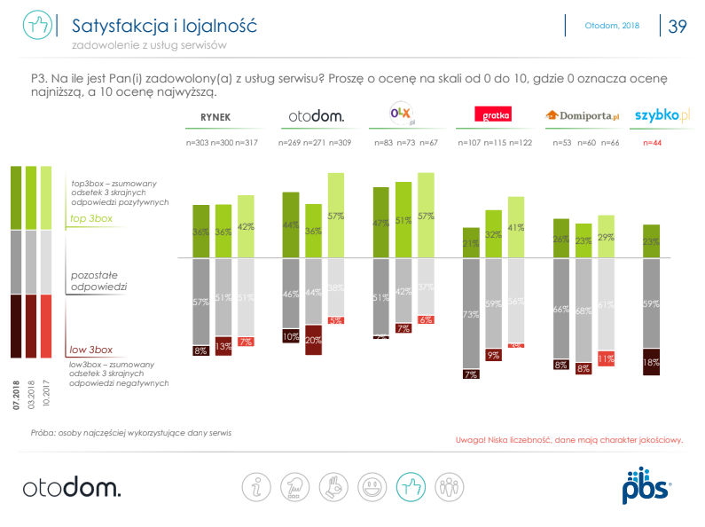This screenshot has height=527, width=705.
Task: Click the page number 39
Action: tap(678, 27)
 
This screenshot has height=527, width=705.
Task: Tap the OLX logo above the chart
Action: tap(403, 114)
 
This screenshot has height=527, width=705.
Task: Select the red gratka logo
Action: tap(490, 114)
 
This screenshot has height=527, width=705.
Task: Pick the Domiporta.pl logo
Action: tap(581, 115)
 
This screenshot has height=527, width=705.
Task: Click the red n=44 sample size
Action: tap(652, 142)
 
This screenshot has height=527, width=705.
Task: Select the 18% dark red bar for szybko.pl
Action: tap(651, 361)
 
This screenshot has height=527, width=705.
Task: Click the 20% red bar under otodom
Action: tap(314, 340)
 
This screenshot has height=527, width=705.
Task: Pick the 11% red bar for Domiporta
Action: tap(607, 358)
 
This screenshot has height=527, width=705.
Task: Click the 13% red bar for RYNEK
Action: tap(223, 347)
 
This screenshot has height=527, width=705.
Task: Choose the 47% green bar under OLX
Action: tap(381, 223)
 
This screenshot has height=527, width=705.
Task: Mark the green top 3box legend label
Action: tap(91, 218)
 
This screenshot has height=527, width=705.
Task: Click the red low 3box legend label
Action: tap(91, 350)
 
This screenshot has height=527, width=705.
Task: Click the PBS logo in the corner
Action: tap(646, 485)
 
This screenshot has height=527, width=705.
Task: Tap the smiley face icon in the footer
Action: tap(373, 486)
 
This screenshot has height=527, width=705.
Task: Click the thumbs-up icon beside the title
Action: tap(35, 26)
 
